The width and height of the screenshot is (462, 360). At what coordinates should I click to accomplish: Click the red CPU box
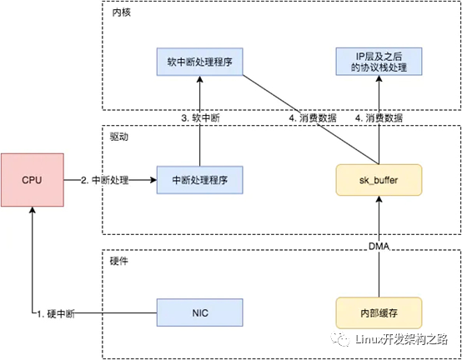click(33, 180)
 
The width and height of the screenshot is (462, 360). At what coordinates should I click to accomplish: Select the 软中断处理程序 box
click(200, 62)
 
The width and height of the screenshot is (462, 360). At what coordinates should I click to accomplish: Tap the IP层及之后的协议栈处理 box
click(379, 62)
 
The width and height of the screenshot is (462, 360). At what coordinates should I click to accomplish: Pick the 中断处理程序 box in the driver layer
click(200, 180)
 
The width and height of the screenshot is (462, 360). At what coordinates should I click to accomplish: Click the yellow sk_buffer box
click(379, 180)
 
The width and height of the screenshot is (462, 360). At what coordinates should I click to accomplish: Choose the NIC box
click(200, 312)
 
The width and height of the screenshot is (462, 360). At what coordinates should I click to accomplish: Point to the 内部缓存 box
click(379, 312)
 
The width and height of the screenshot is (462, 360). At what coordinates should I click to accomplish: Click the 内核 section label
click(122, 12)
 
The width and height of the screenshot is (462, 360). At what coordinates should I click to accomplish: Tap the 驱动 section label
click(119, 137)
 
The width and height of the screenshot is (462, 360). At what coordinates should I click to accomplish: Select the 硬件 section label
click(119, 261)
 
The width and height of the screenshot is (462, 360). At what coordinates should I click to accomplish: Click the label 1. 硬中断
click(56, 314)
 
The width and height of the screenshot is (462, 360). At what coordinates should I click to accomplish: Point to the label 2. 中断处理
click(105, 180)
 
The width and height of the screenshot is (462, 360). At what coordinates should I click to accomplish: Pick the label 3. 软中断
click(200, 118)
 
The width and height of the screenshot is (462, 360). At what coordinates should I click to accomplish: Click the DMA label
click(379, 247)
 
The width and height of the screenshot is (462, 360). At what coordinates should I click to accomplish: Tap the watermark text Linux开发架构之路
click(401, 339)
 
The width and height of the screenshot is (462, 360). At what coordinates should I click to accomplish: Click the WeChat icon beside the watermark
click(340, 339)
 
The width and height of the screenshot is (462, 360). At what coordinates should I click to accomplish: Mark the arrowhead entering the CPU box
click(33, 210)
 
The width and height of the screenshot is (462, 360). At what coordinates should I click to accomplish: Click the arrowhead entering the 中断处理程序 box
click(153, 180)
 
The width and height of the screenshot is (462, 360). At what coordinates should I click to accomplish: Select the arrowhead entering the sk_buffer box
click(379, 199)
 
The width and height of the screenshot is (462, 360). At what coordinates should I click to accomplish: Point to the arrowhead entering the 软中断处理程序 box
click(200, 79)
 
